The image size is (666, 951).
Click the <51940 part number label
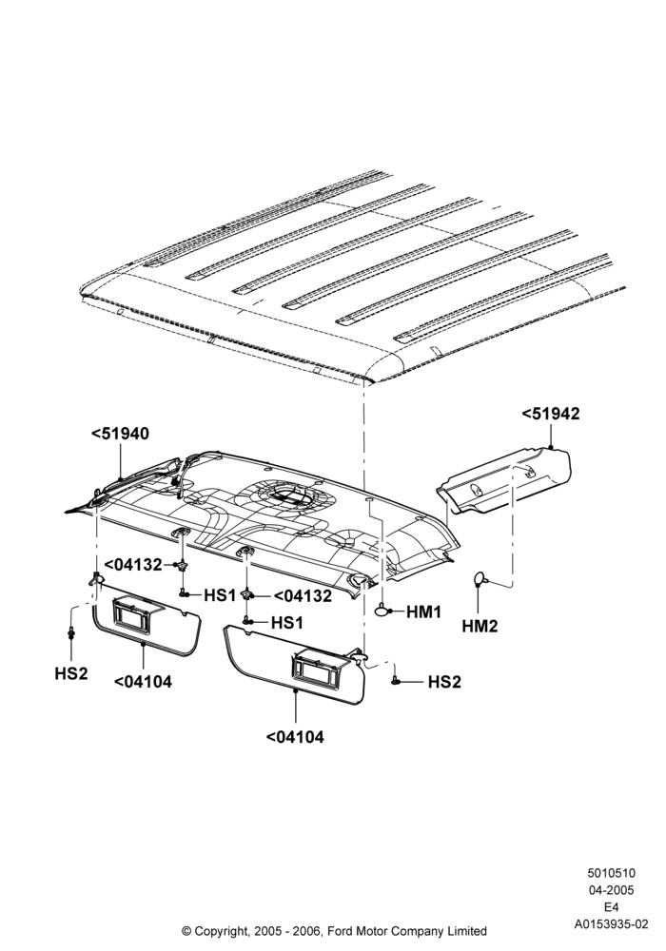coord(120,434)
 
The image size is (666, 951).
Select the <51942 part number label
coord(551,414)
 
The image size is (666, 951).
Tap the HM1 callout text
coord(424,612)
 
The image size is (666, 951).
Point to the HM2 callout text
coord(480,627)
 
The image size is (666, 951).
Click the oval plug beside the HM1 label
coord(383,611)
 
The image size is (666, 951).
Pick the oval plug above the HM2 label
coord(480,578)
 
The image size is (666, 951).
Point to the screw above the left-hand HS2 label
coord(71,633)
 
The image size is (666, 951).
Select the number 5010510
coord(611,873)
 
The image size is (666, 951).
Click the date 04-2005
coord(611,890)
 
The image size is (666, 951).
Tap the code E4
coord(611,907)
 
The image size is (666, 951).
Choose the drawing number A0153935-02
coord(611,924)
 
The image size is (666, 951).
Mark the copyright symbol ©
coord(186,930)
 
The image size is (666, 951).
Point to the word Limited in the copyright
coord(466,930)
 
